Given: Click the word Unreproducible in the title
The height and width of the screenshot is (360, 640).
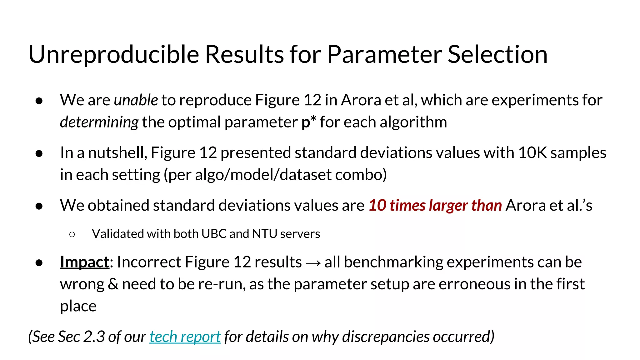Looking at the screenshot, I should tap(113, 55).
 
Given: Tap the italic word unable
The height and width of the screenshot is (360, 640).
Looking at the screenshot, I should tap(136, 100).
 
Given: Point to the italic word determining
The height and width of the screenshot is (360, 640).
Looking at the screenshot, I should tap(99, 122).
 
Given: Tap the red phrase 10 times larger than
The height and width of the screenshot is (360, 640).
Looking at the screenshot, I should tap(435, 206).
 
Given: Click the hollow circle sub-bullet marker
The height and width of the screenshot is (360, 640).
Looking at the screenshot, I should tap(72, 234).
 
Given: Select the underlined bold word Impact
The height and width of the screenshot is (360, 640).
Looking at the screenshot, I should tap(84, 262).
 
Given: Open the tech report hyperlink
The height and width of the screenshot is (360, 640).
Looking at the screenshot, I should tap(185, 337).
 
